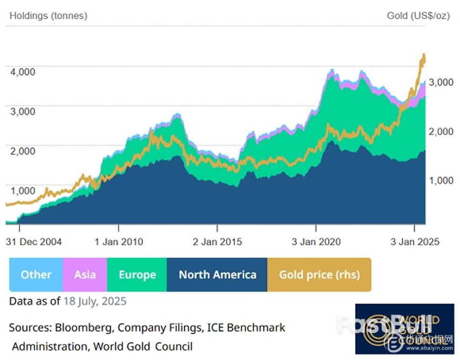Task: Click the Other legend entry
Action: click(36, 275)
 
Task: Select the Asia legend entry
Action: click(85, 275)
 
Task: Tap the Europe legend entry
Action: click(137, 275)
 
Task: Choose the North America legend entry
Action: click(217, 275)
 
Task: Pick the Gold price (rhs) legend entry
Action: click(319, 275)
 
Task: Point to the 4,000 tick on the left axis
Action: click(22, 72)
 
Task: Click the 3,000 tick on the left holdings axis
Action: click(22, 111)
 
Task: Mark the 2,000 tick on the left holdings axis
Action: click(22, 151)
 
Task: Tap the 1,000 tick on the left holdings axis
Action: click(22, 191)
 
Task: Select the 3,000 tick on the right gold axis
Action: click(440, 82)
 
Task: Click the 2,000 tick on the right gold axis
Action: click(440, 131)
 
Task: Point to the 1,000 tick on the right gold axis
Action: click(440, 180)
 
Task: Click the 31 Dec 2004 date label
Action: click(34, 242)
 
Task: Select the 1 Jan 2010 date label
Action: click(119, 242)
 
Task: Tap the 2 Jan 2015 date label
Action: click(218, 242)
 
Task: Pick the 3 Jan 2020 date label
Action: click(316, 242)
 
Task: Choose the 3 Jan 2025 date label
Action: click(415, 242)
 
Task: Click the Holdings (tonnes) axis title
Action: click(48, 16)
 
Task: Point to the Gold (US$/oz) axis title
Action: click(418, 16)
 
